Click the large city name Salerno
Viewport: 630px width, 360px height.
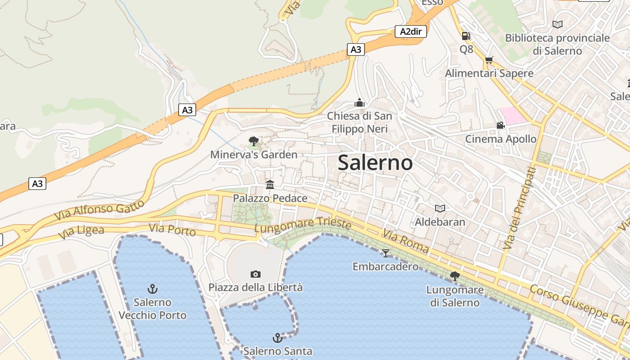[x=375, y=162]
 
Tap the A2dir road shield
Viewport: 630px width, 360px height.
[x=410, y=31]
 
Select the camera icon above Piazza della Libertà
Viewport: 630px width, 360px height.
[x=255, y=274]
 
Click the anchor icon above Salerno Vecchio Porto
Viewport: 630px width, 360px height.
[x=153, y=288]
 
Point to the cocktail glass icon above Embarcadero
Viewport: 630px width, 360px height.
[x=385, y=253]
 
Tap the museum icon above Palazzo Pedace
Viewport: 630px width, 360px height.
[x=270, y=184]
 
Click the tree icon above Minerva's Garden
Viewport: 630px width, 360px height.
[x=254, y=141]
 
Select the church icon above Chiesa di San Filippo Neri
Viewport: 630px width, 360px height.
[x=359, y=103]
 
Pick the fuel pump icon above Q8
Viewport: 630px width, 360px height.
[x=466, y=36]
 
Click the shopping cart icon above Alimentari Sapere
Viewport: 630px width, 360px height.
[x=489, y=60]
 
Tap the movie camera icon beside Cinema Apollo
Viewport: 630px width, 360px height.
[x=500, y=125]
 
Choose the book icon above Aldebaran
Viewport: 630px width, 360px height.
[x=440, y=208]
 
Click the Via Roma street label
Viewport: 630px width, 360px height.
[x=405, y=241]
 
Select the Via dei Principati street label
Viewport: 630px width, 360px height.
[x=520, y=207]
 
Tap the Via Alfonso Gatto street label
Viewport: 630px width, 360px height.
[x=99, y=210]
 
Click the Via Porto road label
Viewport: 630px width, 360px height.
[x=172, y=230]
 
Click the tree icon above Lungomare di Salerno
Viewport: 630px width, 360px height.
[x=455, y=276]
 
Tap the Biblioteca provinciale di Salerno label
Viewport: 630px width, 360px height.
[x=558, y=44]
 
